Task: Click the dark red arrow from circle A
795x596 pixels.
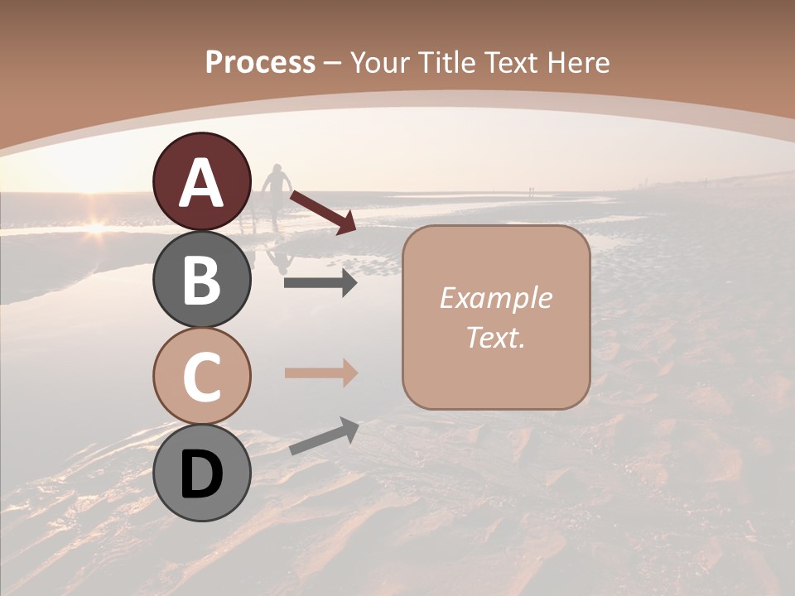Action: [x=324, y=211]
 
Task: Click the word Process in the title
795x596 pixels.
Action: [x=260, y=63]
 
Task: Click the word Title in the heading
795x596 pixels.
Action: [x=443, y=63]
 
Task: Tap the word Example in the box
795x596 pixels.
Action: [x=495, y=298]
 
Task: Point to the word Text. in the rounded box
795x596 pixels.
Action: [x=495, y=337]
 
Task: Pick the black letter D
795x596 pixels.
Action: [x=202, y=475]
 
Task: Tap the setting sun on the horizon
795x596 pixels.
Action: [x=95, y=225]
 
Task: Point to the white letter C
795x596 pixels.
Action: [x=202, y=377]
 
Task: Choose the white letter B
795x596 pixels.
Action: [x=202, y=280]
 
